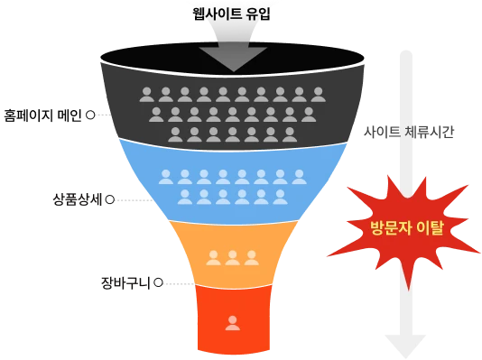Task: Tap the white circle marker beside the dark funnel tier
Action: (x=90, y=115)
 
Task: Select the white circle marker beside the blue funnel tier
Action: (x=110, y=199)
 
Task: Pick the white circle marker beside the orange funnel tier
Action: (x=158, y=282)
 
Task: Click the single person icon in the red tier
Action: (x=233, y=322)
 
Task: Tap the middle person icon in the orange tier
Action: (x=233, y=258)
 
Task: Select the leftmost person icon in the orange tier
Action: (x=214, y=258)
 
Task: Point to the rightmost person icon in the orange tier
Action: (x=252, y=258)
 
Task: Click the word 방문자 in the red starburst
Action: (x=390, y=227)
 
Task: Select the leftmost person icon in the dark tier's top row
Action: (x=147, y=94)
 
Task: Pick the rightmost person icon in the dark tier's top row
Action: (x=318, y=94)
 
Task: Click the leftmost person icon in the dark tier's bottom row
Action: (x=175, y=134)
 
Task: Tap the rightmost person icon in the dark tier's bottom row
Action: (x=290, y=134)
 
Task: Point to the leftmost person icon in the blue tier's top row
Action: (x=166, y=177)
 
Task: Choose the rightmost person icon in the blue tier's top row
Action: (x=299, y=177)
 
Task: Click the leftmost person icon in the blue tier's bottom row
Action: (x=185, y=197)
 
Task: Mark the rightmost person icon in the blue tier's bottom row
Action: (x=280, y=197)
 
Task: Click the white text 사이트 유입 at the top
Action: (x=236, y=14)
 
